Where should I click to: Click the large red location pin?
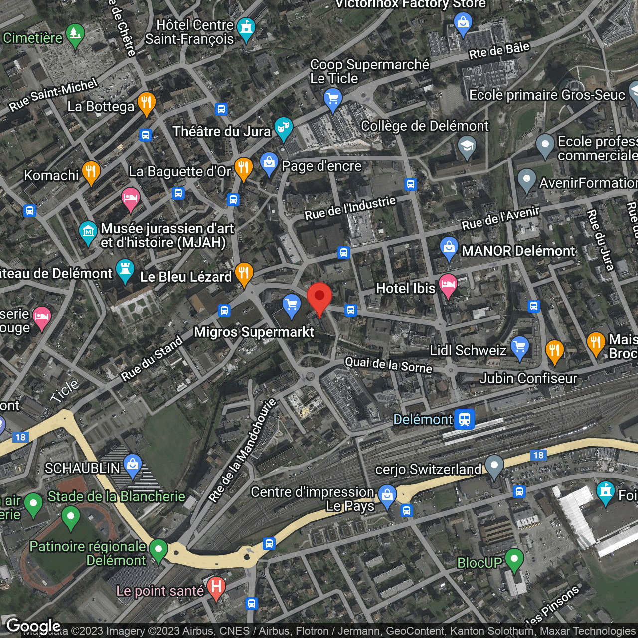319,297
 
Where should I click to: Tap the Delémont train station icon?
464,419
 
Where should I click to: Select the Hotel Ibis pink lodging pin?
448,286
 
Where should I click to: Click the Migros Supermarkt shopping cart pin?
291,305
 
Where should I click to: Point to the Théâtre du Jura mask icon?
283,128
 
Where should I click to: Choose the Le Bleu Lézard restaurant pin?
244,273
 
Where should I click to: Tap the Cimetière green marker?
75,35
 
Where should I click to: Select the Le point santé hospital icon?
216,588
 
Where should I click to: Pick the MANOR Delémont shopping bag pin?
449,248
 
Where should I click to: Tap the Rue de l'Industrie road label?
350,208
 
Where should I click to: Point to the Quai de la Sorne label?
388,365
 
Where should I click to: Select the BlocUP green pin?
514,559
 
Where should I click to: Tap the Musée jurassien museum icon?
88,232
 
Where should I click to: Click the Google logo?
33,626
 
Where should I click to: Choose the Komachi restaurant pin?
91,172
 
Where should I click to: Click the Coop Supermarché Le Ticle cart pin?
332,98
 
